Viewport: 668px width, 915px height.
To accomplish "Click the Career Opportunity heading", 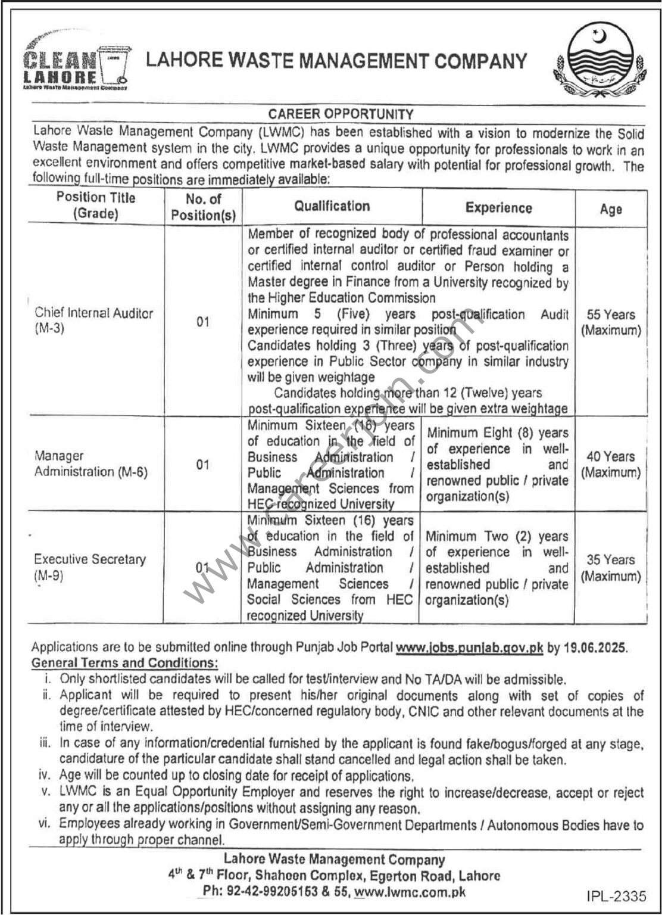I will [340, 113].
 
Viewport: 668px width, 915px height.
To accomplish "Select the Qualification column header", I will [332, 206].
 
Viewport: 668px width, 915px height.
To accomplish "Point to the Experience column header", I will [498, 207].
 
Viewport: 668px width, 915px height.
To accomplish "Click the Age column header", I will [611, 209].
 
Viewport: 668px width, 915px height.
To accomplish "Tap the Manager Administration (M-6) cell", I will [90, 463].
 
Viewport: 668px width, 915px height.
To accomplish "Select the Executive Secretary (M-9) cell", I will [89, 567].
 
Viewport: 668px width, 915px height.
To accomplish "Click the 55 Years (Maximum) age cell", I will [611, 322].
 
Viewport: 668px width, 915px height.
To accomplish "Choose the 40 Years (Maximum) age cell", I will [611, 465].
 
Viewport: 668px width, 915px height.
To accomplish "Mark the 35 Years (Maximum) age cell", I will [611, 568].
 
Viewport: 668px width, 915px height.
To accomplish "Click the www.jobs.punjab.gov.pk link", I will [469, 648].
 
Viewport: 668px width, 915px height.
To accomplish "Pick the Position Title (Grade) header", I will [96, 206].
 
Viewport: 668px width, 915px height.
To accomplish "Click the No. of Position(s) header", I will [203, 207].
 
